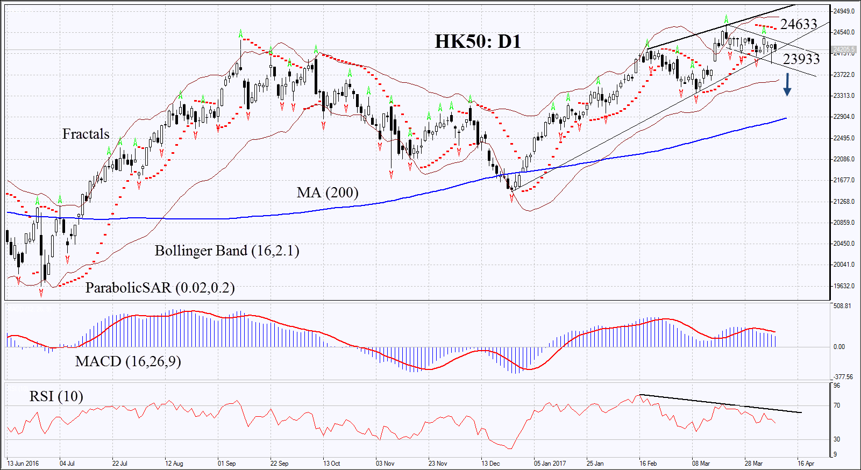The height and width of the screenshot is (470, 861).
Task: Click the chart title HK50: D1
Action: coord(478,41)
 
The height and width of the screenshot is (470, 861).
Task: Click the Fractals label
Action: coord(86,134)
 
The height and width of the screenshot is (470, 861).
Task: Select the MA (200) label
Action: coord(327,193)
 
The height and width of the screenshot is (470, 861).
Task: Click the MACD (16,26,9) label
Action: coord(128,361)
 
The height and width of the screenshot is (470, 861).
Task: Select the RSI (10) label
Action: coord(56,396)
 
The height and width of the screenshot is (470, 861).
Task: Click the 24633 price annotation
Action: coord(799,24)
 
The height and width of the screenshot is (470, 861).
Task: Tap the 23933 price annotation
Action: coord(801,59)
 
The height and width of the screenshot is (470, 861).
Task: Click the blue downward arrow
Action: coord(787,84)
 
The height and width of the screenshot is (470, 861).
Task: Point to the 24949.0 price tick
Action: coord(844,11)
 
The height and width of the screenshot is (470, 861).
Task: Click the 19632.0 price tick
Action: coord(844,286)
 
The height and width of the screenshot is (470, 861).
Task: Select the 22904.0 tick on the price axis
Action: coord(844,117)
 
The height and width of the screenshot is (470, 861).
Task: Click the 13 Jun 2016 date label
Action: coord(23,464)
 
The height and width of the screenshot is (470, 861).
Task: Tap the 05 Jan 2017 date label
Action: coord(550,464)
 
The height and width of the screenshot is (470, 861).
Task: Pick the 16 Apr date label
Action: coord(806,464)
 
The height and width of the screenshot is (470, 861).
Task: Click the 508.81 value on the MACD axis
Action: coord(842,306)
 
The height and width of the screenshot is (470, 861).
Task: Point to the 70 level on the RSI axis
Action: coord(837,405)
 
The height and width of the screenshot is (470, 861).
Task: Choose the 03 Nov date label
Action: coord(385,464)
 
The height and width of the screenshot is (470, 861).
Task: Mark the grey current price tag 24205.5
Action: coord(844,50)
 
